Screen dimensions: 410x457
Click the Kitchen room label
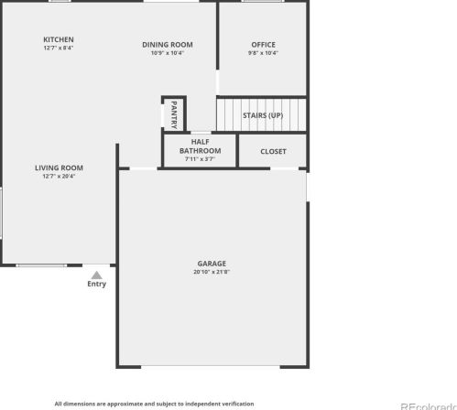coord(59,39)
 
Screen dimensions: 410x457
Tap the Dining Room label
coord(168,44)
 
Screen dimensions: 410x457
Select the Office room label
coord(263,45)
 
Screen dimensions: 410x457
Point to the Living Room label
coord(59,167)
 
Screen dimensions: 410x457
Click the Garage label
coord(212,264)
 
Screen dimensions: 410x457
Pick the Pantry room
coord(174,113)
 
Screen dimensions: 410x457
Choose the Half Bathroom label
coord(200,146)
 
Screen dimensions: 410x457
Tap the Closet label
coord(273,151)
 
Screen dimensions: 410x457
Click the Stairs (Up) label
coord(262,115)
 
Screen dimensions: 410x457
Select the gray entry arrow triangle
coord(96,274)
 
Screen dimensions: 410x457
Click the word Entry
coord(96,284)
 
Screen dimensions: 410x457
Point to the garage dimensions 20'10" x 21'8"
coord(212,272)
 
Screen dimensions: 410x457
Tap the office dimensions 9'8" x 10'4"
coord(263,53)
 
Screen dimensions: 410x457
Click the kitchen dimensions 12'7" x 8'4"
coord(59,49)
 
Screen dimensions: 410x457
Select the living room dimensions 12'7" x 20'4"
coord(59,176)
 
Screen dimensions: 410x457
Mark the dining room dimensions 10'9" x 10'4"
coord(168,53)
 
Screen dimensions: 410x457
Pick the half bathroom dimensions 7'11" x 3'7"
coord(200,159)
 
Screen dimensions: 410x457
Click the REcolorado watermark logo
coord(428,404)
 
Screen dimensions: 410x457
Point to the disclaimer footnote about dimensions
coord(154,403)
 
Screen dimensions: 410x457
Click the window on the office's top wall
coord(262,2)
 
